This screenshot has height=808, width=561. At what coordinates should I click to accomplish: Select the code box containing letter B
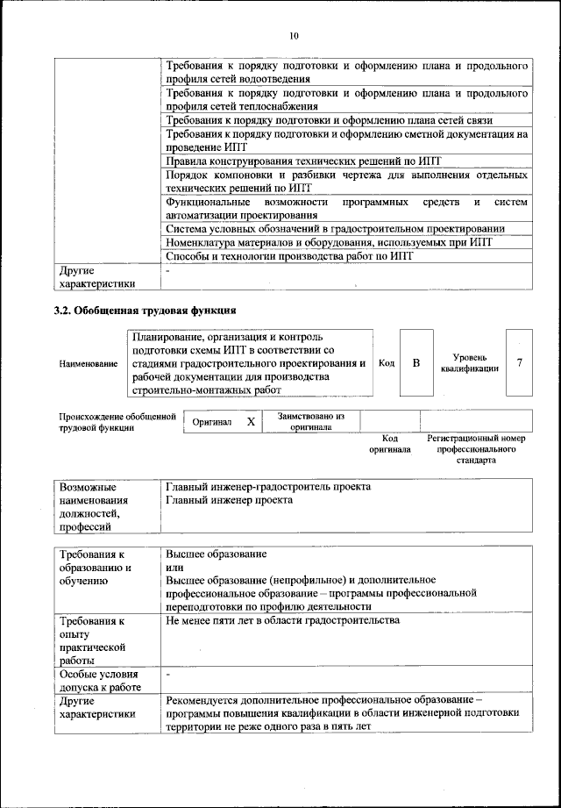tap(416, 362)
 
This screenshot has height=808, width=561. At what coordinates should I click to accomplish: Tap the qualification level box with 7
tap(520, 362)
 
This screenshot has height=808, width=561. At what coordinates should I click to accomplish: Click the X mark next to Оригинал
tap(251, 422)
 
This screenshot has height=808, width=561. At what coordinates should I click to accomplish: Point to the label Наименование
tap(88, 363)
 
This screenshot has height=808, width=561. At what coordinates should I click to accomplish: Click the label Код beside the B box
tap(386, 363)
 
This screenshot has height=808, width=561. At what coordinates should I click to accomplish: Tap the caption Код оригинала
tap(390, 443)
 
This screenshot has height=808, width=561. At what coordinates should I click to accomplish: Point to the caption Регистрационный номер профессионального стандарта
tap(475, 448)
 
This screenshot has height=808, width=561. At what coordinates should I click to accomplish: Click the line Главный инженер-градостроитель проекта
tap(267, 486)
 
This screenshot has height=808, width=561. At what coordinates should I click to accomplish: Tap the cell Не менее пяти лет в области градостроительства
tap(281, 620)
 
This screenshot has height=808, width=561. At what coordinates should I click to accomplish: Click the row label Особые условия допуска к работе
tap(100, 681)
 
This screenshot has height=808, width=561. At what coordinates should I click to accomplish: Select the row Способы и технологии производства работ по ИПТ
tap(288, 257)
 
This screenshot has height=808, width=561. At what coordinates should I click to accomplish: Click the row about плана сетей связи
tap(329, 120)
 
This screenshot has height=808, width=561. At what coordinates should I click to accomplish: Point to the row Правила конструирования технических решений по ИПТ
tap(303, 161)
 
